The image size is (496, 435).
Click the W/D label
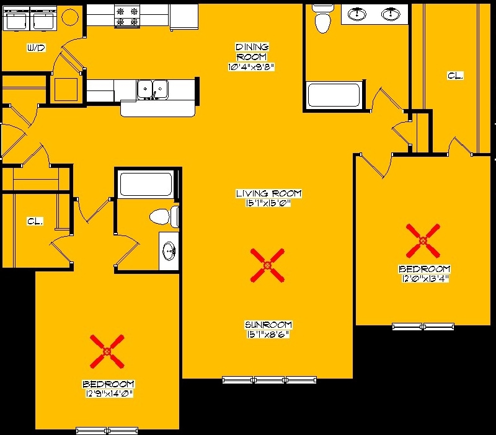[36, 48]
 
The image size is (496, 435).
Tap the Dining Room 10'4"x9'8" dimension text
[251, 67]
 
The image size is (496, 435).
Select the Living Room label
[268, 193]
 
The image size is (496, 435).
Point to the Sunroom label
[268, 325]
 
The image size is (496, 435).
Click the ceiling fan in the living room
[267, 265]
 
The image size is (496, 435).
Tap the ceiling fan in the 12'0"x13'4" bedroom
[423, 241]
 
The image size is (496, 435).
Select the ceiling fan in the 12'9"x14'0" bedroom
[107, 351]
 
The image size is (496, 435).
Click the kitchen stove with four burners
[128, 17]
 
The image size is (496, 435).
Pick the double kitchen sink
[153, 89]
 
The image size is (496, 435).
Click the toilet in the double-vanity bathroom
[322, 19]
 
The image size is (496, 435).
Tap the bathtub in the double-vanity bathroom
[334, 95]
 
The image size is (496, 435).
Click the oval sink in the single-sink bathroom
[169, 252]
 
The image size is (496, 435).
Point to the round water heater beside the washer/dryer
[70, 17]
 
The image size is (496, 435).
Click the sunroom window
[269, 380]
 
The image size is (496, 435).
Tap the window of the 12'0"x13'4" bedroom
[423, 327]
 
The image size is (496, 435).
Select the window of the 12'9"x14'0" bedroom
[107, 430]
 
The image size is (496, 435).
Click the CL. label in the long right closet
[455, 76]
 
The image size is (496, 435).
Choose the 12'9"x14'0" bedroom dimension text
[108, 394]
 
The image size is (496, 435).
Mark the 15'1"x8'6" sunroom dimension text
[268, 335]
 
